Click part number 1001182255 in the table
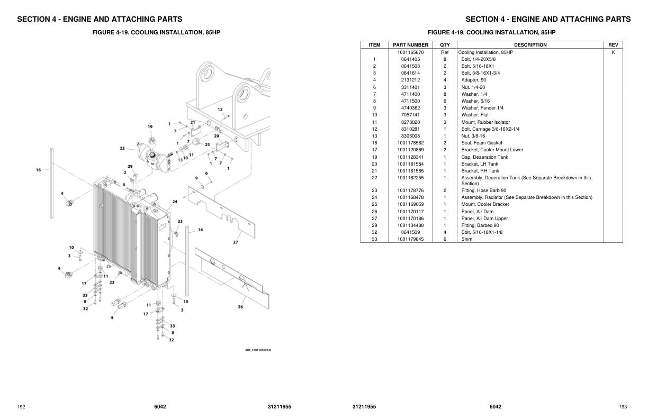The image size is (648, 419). pyautogui.click(x=410, y=178)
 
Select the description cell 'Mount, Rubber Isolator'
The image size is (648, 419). pyautogui.click(x=485, y=122)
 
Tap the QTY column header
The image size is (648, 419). pyautogui.click(x=445, y=45)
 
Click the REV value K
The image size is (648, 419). pyautogui.click(x=613, y=52)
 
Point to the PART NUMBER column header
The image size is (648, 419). pyautogui.click(x=410, y=45)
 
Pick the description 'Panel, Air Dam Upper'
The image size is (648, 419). pyautogui.click(x=484, y=218)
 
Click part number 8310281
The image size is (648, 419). pyautogui.click(x=410, y=129)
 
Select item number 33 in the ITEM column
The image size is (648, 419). pyautogui.click(x=374, y=239)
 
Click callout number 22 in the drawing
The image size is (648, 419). pyautogui.click(x=122, y=149)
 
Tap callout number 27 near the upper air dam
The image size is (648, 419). pyautogui.click(x=235, y=242)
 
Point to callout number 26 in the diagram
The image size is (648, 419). pyautogui.click(x=240, y=307)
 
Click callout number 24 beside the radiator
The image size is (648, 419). pyautogui.click(x=175, y=202)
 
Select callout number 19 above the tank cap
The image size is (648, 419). pyautogui.click(x=150, y=126)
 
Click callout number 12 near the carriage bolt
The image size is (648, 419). pyautogui.click(x=220, y=110)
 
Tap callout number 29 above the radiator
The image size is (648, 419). pyautogui.click(x=130, y=167)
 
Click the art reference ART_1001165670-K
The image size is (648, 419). pyautogui.click(x=258, y=350)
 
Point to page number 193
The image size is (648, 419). pyautogui.click(x=623, y=407)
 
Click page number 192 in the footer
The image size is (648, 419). pyautogui.click(x=21, y=407)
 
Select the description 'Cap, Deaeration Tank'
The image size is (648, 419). pyautogui.click(x=484, y=157)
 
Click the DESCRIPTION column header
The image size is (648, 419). pyautogui.click(x=530, y=45)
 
